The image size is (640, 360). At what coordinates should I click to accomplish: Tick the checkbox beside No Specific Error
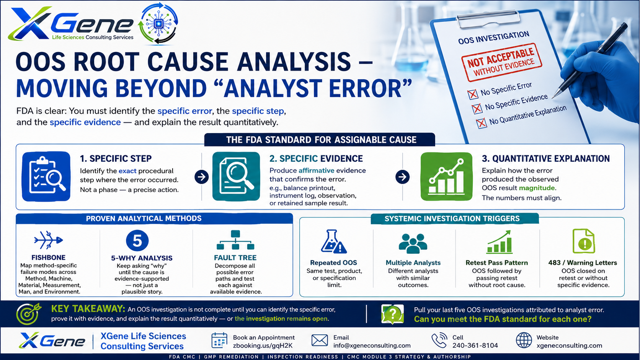473,94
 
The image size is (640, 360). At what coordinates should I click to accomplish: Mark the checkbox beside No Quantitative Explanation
482,123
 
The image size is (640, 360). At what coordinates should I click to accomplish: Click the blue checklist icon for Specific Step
46,176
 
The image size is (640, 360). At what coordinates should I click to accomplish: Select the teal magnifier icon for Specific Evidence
236,176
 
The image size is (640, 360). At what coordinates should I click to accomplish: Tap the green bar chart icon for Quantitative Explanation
446,176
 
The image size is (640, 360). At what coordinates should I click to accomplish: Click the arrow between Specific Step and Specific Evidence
201,177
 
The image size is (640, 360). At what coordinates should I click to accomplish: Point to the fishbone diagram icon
48,240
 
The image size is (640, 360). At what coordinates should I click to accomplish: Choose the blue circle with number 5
137,241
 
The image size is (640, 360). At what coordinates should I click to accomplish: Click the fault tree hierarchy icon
235,240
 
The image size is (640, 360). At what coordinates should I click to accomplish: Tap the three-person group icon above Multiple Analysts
413,243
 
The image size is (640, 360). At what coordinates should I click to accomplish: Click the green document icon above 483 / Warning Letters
584,241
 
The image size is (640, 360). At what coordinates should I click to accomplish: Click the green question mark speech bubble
393,314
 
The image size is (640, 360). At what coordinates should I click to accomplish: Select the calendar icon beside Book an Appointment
219,340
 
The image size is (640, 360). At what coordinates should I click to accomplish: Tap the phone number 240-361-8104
475,345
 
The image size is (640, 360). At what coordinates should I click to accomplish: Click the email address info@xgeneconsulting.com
372,345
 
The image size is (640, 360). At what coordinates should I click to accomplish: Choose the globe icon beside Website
524,340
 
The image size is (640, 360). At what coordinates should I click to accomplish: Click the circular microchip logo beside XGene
158,23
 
